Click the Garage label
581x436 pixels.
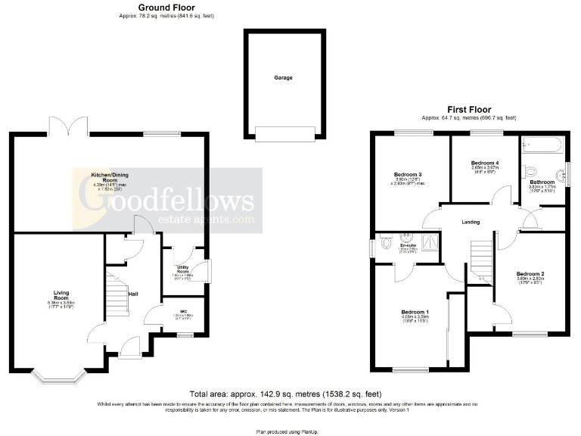click(284, 77)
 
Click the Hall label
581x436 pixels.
click(132, 294)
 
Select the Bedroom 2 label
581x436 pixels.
click(530, 273)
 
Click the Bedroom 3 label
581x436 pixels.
click(408, 175)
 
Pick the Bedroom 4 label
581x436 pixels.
click(485, 163)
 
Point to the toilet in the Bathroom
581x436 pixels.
click(529, 170)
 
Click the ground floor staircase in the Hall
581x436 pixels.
click(116, 295)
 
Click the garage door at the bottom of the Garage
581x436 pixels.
click(284, 134)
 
